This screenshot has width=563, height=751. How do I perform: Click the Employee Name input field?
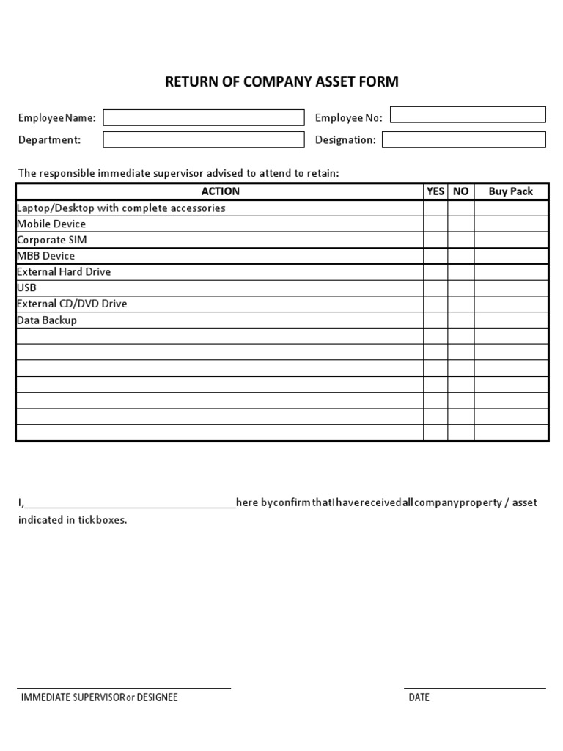[x=203, y=117]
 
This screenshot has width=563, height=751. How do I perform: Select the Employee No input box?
[x=468, y=114]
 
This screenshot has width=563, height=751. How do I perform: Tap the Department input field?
[x=203, y=139]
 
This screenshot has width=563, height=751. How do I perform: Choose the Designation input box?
[x=464, y=139]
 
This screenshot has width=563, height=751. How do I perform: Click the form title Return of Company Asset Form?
[x=281, y=81]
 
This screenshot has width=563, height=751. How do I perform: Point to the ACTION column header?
[x=220, y=191]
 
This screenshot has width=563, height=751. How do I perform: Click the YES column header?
[x=435, y=191]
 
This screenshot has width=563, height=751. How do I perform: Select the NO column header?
[x=460, y=191]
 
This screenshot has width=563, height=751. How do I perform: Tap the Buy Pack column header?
[x=511, y=191]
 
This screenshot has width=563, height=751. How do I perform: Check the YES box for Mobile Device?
[x=435, y=224]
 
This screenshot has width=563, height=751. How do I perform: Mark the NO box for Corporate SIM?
[x=460, y=240]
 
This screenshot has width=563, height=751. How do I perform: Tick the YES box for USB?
[x=435, y=287]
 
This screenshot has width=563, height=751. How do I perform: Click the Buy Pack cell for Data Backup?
[x=511, y=320]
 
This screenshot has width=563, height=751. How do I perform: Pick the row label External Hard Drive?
[x=64, y=271]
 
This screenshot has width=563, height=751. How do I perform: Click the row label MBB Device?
[x=45, y=256]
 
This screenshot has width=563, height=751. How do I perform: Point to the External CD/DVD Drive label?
[x=72, y=304]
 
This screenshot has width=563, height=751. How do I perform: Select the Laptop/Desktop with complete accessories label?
[x=121, y=208]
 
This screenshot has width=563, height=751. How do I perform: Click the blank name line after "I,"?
[x=130, y=502]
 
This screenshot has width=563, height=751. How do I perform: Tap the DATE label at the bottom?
[x=419, y=697]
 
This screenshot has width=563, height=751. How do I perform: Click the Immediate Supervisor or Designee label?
[x=99, y=697]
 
